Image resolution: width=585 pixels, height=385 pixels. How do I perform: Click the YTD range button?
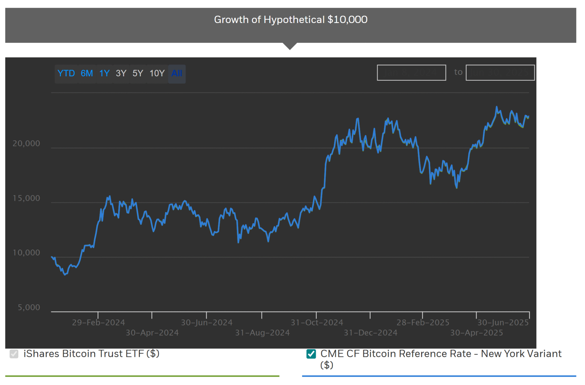tap(66, 73)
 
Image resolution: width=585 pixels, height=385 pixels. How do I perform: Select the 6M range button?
tap(87, 73)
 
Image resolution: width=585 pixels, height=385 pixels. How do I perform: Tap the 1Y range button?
tap(104, 73)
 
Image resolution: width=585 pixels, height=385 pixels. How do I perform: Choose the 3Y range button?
tap(121, 73)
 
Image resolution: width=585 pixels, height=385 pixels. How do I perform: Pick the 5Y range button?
tap(138, 73)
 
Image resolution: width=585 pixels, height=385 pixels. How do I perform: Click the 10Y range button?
tap(157, 73)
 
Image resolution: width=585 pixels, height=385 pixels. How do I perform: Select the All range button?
tap(177, 73)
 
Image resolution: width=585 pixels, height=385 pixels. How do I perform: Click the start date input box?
tap(411, 72)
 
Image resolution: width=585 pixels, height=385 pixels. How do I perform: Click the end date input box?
tap(500, 72)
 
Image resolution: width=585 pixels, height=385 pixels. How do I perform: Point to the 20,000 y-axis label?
tap(26, 143)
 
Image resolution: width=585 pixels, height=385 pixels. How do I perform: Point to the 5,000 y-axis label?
tap(29, 308)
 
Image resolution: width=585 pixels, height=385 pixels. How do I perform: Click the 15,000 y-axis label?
tap(26, 198)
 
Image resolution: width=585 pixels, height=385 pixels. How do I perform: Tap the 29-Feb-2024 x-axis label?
tap(98, 322)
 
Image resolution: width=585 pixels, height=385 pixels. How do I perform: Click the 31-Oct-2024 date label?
tap(317, 322)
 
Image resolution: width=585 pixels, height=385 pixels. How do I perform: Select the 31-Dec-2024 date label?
tap(370, 333)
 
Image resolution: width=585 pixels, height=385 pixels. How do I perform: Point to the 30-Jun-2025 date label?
tap(503, 322)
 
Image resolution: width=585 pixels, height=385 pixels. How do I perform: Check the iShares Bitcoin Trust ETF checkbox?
tap(14, 354)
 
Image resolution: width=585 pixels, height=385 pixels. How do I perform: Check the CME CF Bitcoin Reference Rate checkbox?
tap(311, 354)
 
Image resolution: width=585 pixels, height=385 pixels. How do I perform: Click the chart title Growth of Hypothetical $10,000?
tap(291, 20)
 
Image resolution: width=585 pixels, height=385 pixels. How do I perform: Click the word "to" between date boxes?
tap(458, 72)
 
